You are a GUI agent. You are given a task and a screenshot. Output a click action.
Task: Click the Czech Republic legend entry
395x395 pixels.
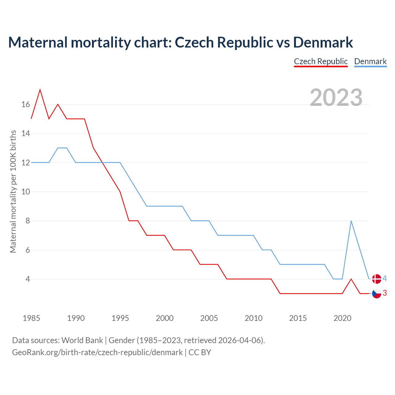click(x=321, y=61)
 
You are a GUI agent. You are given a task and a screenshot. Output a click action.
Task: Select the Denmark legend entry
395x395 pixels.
click(x=370, y=61)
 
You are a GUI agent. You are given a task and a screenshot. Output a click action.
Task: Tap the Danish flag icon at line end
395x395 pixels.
click(x=376, y=279)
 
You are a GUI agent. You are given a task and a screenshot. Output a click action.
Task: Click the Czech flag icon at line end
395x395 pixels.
click(x=376, y=293)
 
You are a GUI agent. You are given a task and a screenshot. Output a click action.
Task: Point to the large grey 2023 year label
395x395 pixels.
click(x=336, y=98)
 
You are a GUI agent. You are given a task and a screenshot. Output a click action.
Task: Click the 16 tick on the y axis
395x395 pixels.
click(x=26, y=105)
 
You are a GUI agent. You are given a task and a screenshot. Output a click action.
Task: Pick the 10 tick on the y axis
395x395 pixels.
click(x=26, y=192)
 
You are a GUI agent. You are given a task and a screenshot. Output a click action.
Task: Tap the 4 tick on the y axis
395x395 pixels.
click(x=27, y=279)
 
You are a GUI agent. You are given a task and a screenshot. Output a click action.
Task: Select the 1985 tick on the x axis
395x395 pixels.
click(x=31, y=318)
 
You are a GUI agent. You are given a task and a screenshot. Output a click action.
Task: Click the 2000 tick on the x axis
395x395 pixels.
click(x=164, y=318)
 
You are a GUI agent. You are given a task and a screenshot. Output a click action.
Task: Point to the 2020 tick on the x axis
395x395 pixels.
click(x=342, y=318)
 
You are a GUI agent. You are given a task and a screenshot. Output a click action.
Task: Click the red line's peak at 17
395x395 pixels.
click(x=40, y=90)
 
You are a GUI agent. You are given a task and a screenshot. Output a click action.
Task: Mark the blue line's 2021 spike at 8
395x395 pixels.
click(x=351, y=221)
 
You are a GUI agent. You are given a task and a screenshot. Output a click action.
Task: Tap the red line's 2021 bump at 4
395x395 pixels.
click(x=351, y=279)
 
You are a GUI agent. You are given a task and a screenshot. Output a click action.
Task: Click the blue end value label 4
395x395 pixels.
click(x=385, y=279)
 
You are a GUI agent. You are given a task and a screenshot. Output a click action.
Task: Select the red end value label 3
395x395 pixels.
click(x=385, y=293)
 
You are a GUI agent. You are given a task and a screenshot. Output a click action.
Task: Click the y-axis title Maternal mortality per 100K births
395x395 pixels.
click(x=13, y=192)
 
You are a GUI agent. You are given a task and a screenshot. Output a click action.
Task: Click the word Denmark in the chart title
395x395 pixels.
click(x=323, y=42)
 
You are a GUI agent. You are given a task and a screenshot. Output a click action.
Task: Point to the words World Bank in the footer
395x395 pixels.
click(x=82, y=340)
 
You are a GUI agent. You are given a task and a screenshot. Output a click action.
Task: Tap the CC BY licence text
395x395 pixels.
click(x=200, y=352)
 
